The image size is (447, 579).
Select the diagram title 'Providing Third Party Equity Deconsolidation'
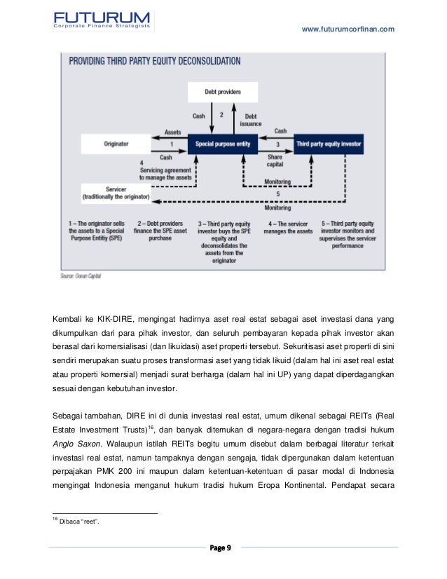point(154,61)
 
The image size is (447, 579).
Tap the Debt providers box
point(223,92)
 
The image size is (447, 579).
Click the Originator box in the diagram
point(116,144)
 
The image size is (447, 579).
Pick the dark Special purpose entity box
point(222,144)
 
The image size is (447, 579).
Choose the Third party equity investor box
point(328,144)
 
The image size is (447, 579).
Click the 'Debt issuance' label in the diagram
point(251,119)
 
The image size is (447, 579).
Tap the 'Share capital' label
point(275,161)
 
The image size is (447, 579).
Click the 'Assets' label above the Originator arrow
point(172,132)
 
